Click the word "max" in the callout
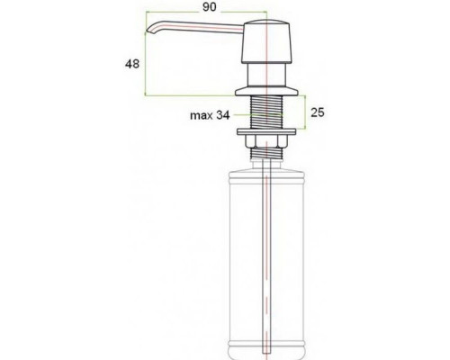tap(200, 115)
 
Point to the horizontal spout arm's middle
tap(202, 31)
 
